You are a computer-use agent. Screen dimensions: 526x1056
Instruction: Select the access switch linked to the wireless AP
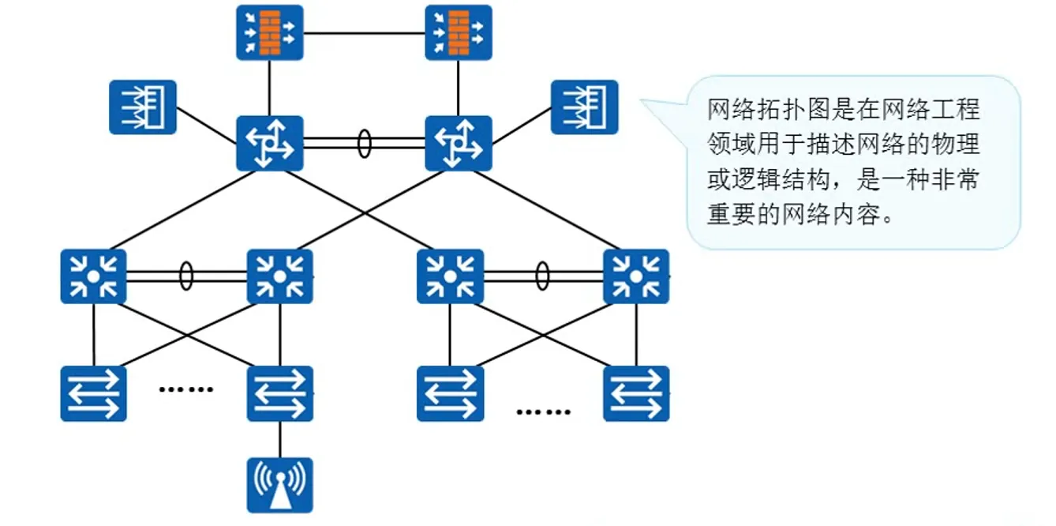tap(279, 393)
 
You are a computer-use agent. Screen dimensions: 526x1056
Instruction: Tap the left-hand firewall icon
tap(270, 32)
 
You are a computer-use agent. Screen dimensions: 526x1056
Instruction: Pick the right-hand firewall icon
tap(459, 32)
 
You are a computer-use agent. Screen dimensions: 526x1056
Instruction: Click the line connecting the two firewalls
tap(364, 33)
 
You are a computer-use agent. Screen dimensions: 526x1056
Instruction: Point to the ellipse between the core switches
tap(364, 143)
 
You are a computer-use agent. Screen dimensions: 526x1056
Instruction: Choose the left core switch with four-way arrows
tap(270, 143)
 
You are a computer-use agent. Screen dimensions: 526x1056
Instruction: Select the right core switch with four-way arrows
tap(459, 143)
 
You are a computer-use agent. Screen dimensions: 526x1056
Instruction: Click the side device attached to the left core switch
tap(143, 107)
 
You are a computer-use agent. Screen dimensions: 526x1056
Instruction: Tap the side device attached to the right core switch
tap(584, 107)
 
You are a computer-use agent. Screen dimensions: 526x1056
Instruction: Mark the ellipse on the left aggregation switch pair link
tap(185, 276)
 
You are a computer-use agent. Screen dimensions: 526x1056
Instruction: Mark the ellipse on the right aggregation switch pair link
tap(542, 276)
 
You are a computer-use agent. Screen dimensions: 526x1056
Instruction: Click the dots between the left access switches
tap(186, 389)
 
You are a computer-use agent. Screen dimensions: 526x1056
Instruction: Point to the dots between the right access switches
tap(543, 411)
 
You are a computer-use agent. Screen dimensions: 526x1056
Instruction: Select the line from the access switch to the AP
tap(279, 439)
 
